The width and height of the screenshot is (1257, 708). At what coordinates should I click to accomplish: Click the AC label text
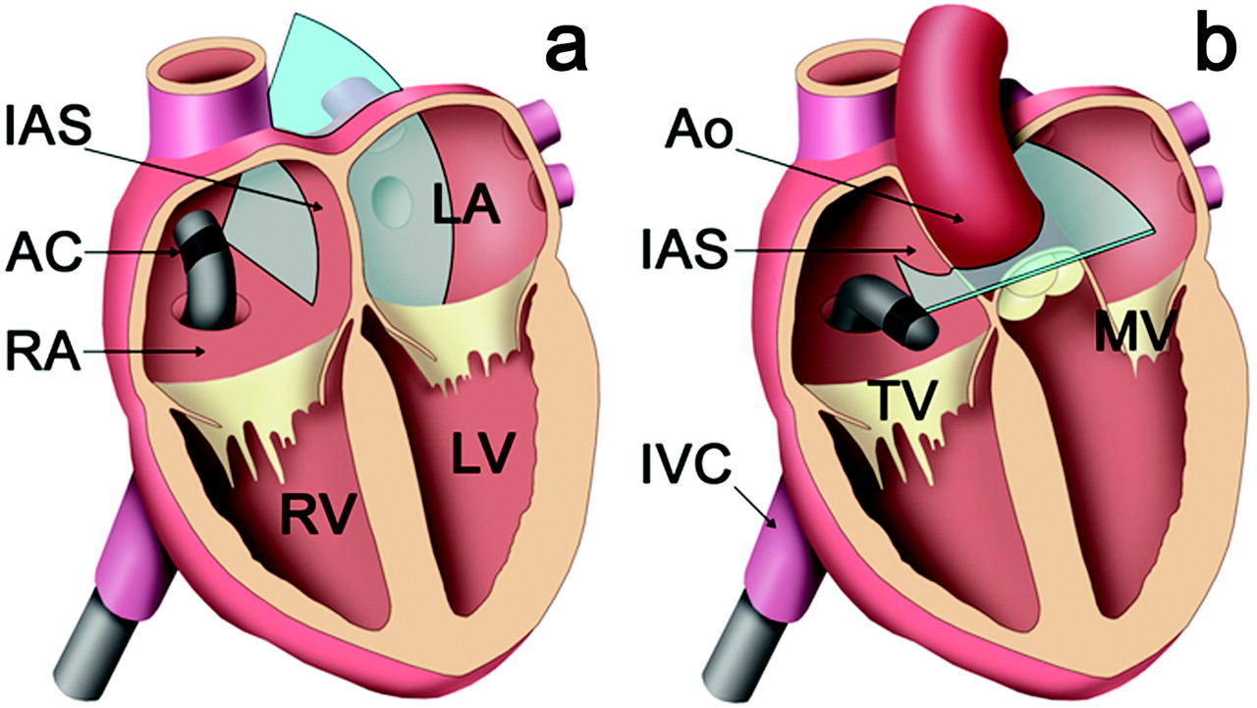[43, 253]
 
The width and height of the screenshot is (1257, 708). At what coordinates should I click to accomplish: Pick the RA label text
[43, 352]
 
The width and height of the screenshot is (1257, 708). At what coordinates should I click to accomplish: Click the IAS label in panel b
[685, 250]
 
